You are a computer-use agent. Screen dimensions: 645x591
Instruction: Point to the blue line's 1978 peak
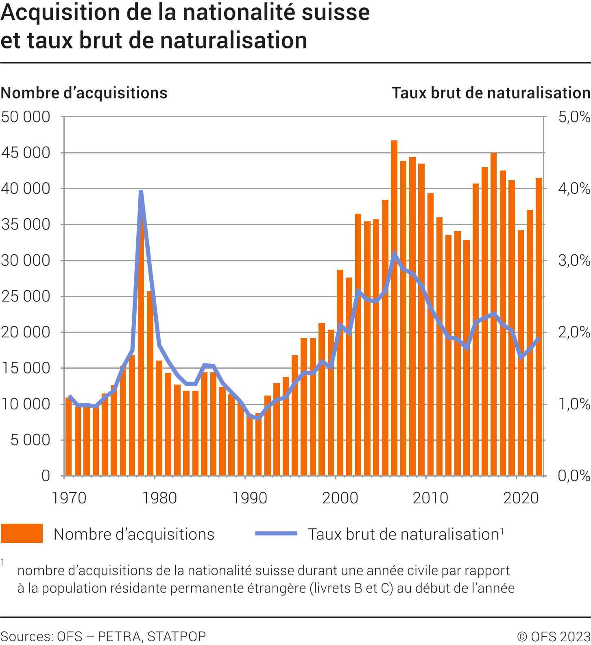[141, 192]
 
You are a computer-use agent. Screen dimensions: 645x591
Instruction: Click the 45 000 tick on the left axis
[26, 153]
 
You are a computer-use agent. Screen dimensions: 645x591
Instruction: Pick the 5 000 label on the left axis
[31, 440]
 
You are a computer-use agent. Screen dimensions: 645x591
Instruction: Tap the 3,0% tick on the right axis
[574, 260]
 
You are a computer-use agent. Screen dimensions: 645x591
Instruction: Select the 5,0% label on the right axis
[574, 117]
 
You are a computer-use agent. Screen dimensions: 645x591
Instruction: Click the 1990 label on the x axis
[249, 498]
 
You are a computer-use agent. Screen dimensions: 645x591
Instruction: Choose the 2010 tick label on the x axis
[430, 498]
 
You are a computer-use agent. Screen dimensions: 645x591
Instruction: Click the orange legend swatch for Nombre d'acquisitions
[22, 533]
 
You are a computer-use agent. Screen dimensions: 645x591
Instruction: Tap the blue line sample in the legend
[276, 533]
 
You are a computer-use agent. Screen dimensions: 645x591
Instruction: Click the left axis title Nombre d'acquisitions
[84, 93]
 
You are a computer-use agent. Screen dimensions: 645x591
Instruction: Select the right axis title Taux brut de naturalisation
[491, 93]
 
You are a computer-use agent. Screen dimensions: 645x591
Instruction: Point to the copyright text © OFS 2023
[554, 636]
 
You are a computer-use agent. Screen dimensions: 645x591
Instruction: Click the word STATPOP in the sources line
[177, 636]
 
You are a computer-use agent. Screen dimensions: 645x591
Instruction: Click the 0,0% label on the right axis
[574, 476]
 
